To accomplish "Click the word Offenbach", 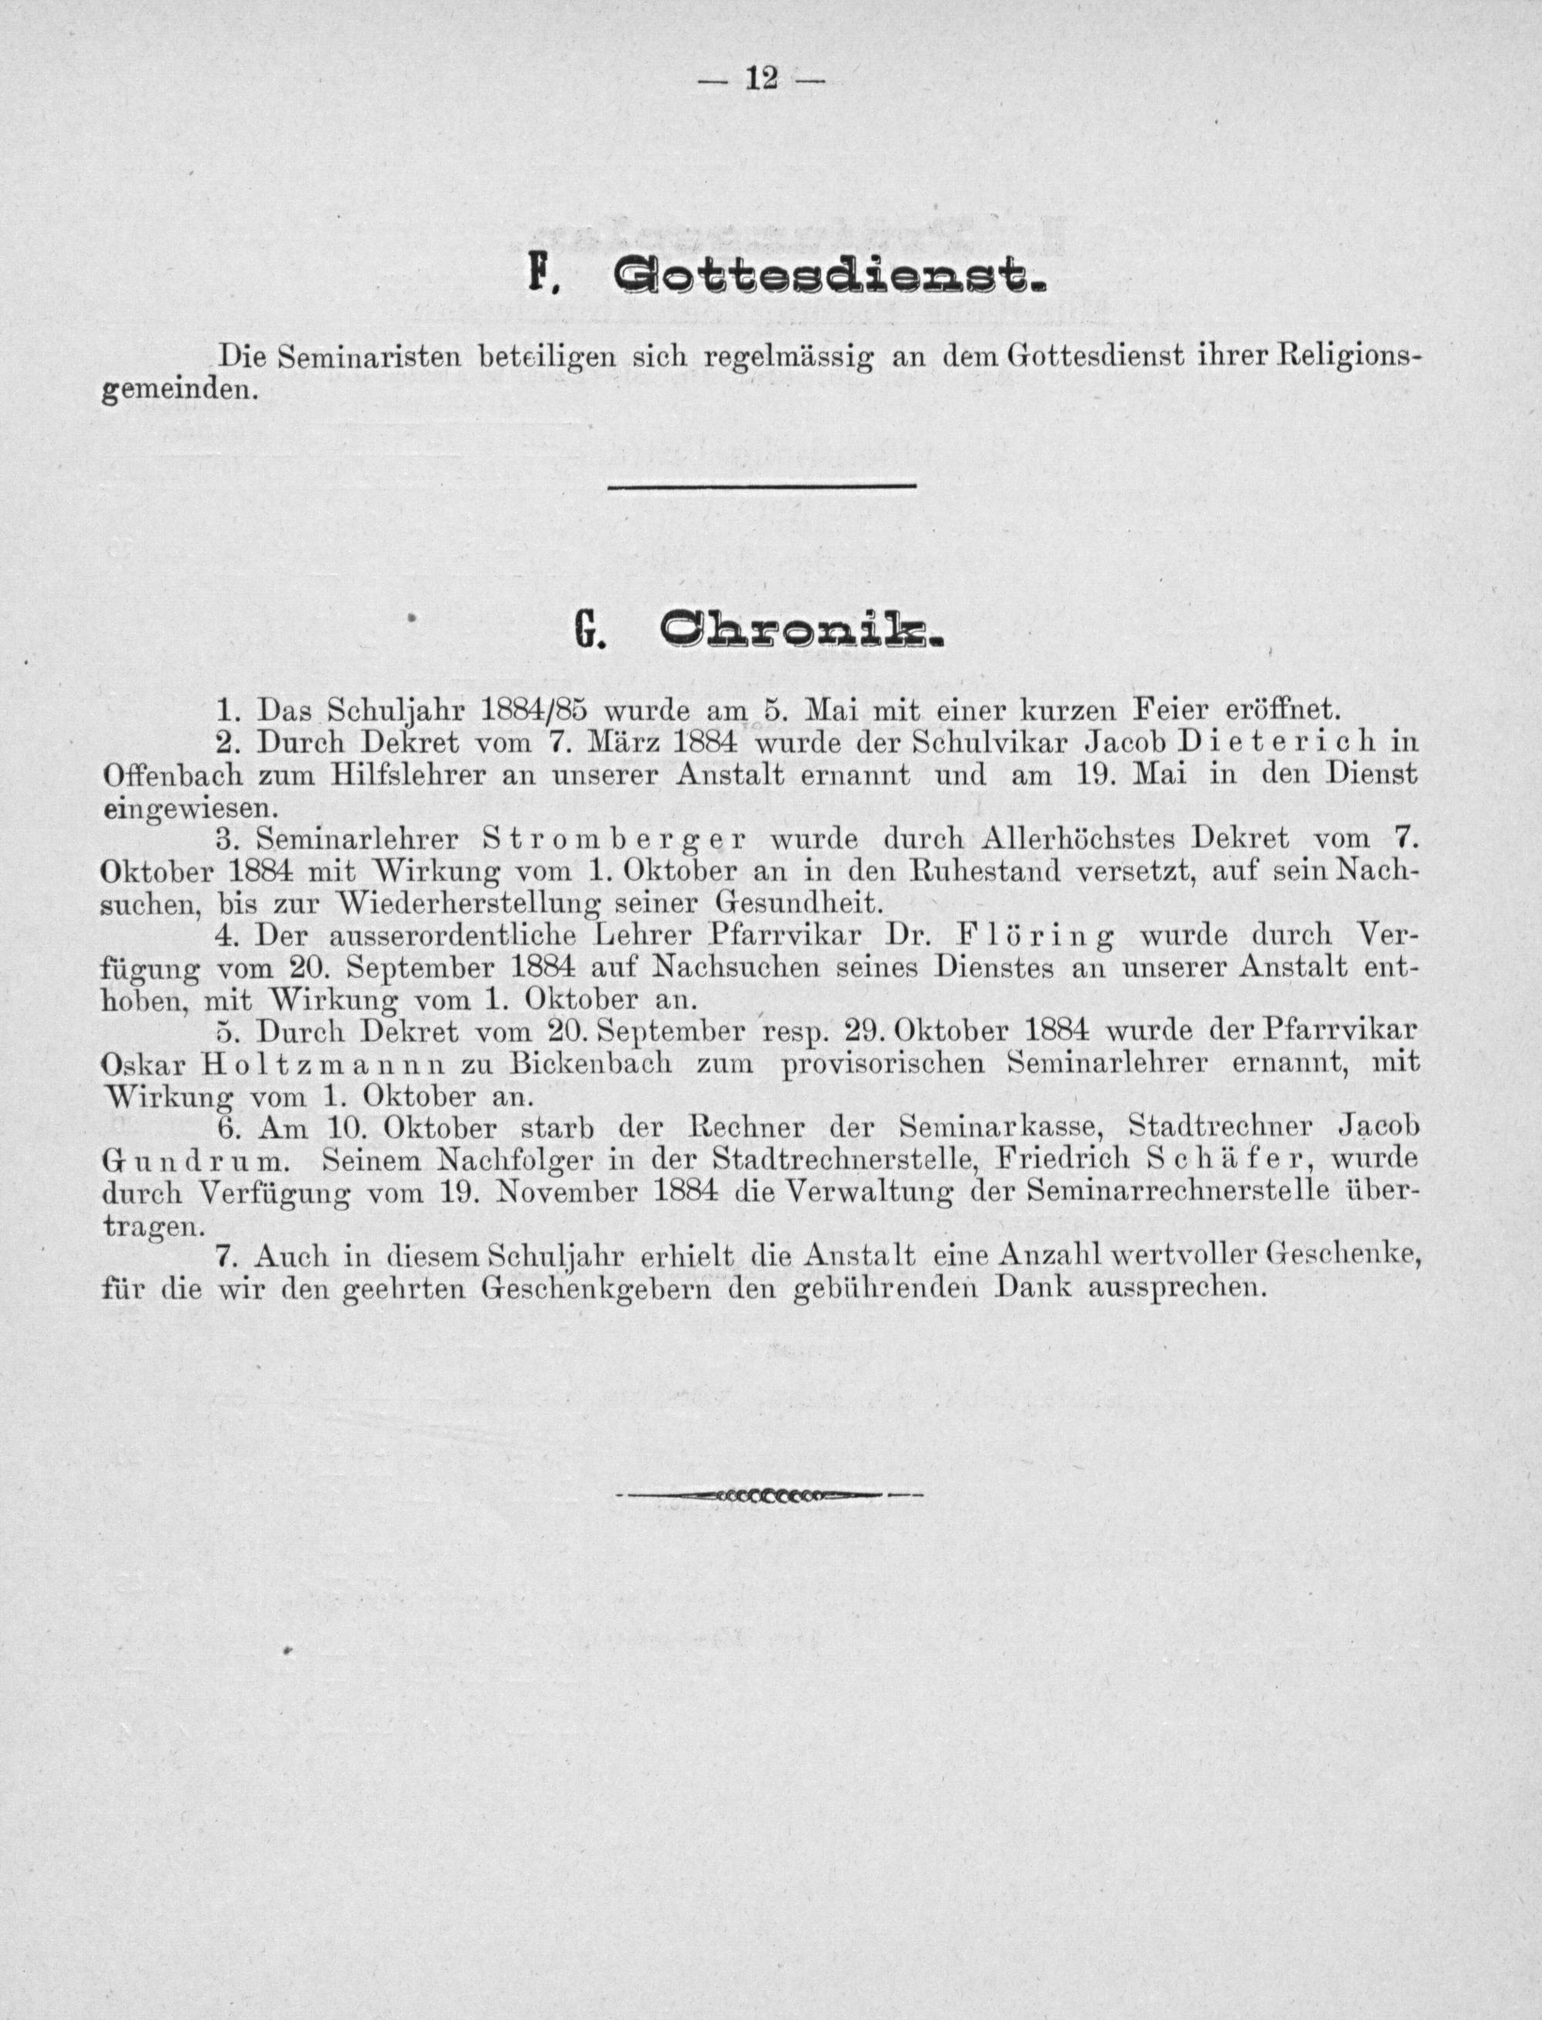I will (172, 774).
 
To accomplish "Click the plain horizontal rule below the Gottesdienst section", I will (762, 485).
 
